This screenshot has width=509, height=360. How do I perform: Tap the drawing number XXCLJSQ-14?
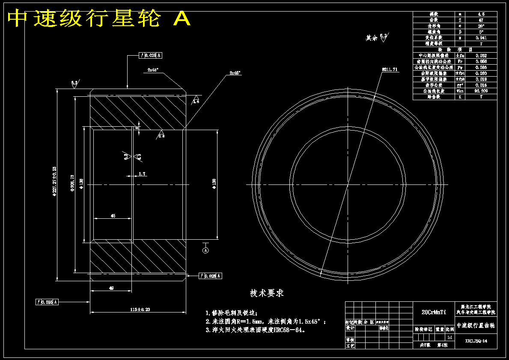pos(476,341)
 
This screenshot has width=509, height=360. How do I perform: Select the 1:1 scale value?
pos(450,337)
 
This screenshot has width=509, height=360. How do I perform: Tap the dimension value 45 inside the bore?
pos(113,216)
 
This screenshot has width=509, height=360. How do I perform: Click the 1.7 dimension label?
pos(143,173)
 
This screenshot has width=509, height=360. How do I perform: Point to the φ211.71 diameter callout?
pos(390,69)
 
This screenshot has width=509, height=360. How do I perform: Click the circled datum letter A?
pos(205,250)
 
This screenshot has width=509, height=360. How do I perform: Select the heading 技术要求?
pos(267,293)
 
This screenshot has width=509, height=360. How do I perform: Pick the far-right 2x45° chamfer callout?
pos(235,73)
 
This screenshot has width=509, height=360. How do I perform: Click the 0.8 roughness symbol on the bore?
pos(161,135)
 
